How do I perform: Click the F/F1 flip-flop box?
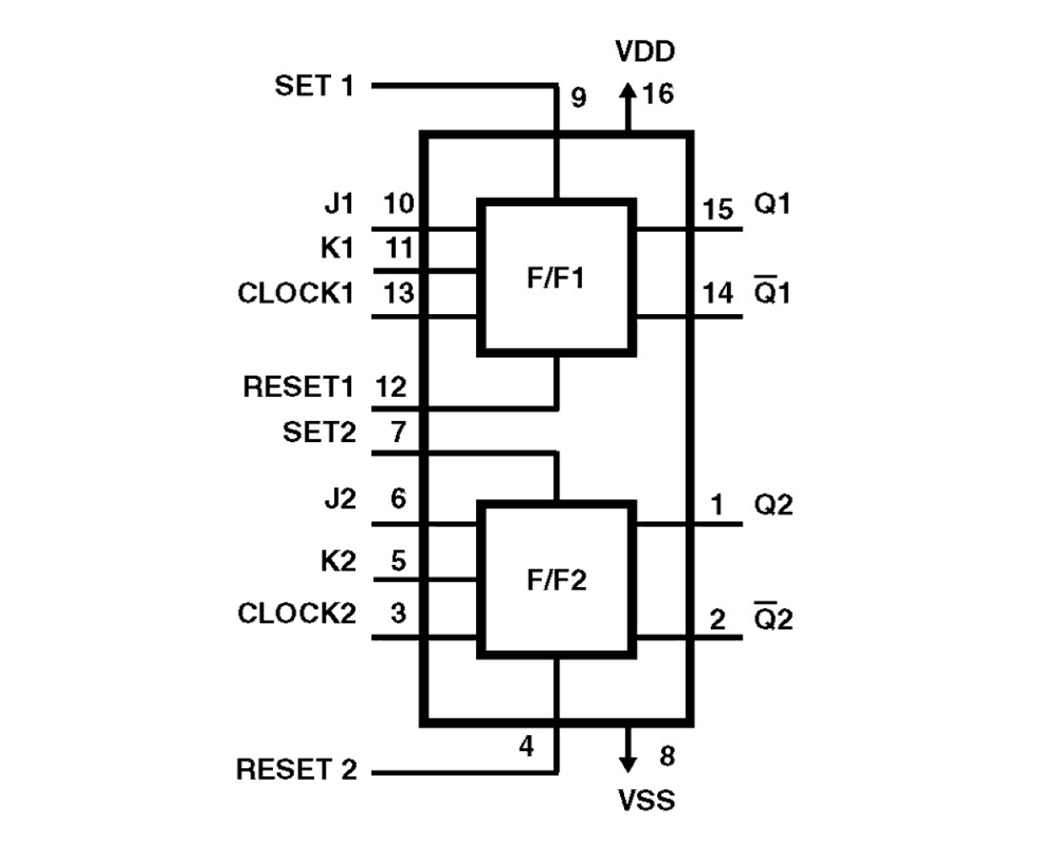point(556,277)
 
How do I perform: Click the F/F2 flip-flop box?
point(556,579)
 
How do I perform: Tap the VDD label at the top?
point(645,51)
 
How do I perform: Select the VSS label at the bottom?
point(646,799)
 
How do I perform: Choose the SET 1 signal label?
point(314,86)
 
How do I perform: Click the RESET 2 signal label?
point(297,769)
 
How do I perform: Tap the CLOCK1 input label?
point(296,293)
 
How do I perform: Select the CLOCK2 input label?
point(297,613)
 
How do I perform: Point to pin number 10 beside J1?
point(399,204)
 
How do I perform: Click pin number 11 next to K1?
point(399,248)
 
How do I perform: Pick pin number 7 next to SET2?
point(398,432)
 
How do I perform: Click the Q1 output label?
point(772,204)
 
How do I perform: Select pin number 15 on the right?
point(719,209)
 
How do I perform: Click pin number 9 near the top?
point(579,98)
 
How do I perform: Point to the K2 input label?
point(338,561)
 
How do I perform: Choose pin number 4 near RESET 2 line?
point(526,746)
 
